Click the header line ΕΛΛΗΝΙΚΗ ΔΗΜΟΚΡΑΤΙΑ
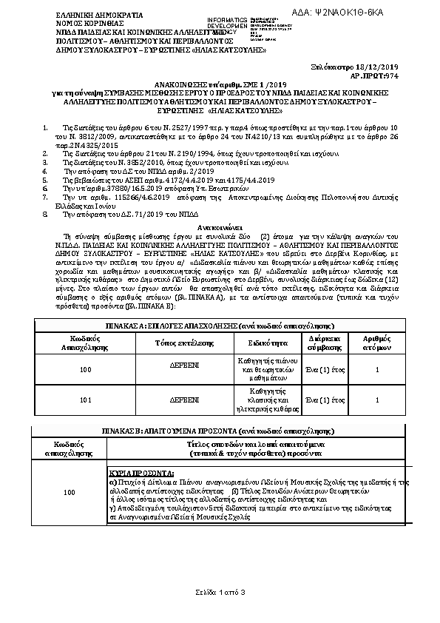coord(92,16)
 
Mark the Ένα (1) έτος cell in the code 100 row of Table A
coord(325,368)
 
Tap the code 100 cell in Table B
coord(70,492)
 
